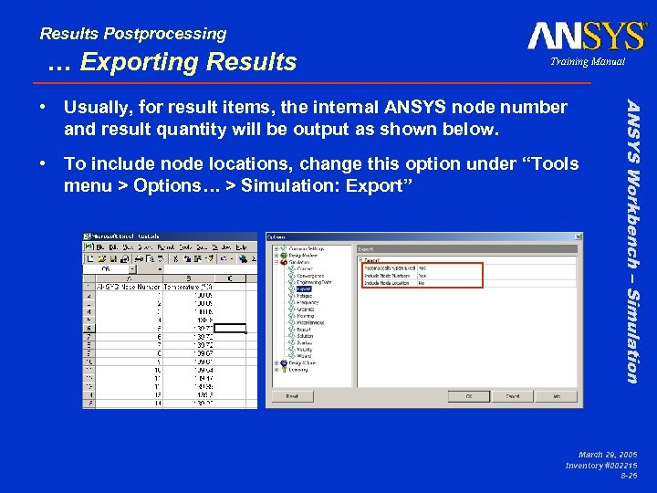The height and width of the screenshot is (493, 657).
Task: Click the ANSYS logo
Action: [x=587, y=36]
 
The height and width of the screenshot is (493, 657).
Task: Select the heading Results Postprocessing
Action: [x=133, y=34]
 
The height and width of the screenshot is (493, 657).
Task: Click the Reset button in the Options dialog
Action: [x=292, y=397]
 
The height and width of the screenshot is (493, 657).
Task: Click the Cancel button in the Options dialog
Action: [x=514, y=397]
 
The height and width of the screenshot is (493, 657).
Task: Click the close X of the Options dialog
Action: [x=576, y=237]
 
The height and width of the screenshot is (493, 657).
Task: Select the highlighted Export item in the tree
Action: [x=305, y=289]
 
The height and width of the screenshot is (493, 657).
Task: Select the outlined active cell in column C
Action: [x=230, y=329]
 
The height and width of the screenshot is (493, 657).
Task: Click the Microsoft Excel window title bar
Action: [x=164, y=237]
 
